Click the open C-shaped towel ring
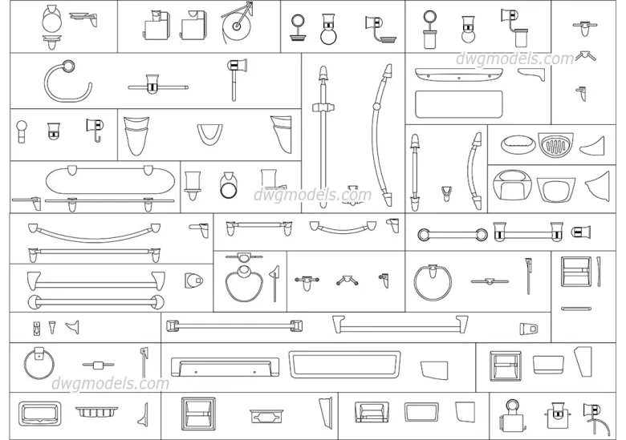click(x=61, y=81)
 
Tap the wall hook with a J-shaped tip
click(x=94, y=129)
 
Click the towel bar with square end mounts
click(x=233, y=325)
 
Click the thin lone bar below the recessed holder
click(x=575, y=308)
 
